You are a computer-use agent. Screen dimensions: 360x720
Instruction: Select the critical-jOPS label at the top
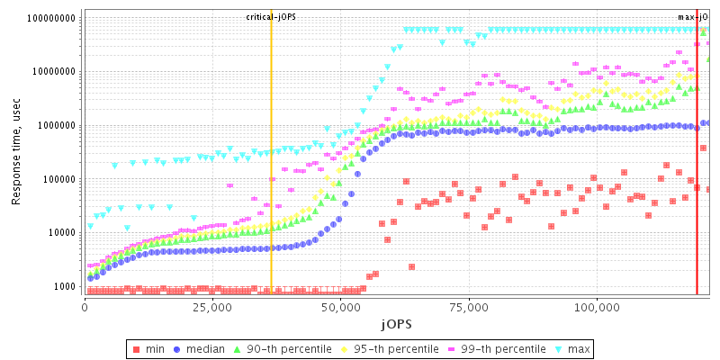coord(271,17)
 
